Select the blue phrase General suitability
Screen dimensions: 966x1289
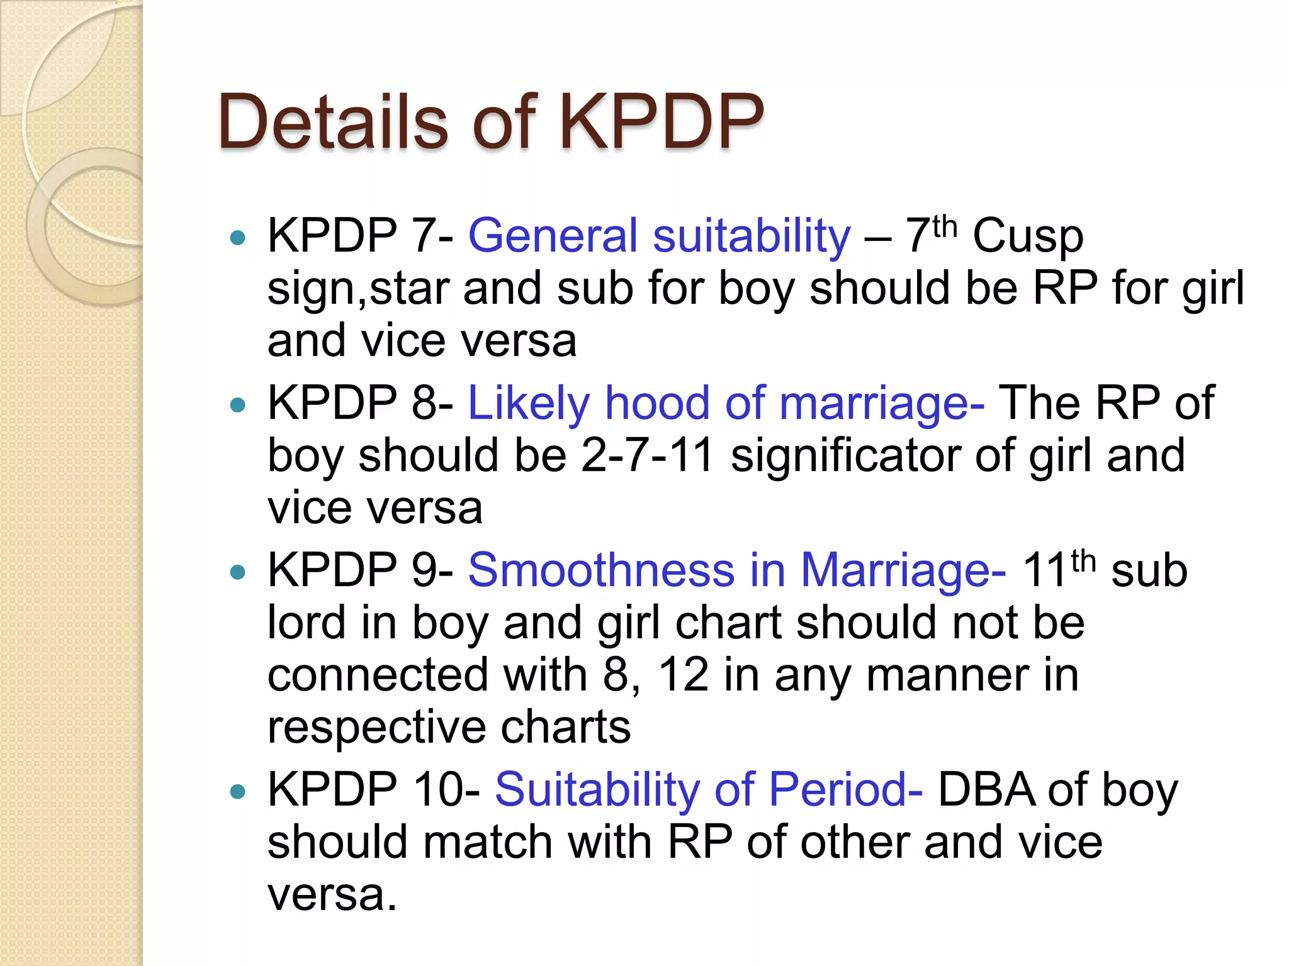[x=659, y=236]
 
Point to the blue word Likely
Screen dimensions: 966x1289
[x=528, y=404]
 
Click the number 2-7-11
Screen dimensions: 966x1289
[x=648, y=455]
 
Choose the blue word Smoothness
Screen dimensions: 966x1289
[x=601, y=570]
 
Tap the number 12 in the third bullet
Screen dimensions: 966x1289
[x=684, y=675]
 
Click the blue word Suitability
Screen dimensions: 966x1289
[x=597, y=790]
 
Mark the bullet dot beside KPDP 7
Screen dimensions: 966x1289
[x=238, y=238]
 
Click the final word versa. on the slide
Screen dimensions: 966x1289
[x=332, y=894]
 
